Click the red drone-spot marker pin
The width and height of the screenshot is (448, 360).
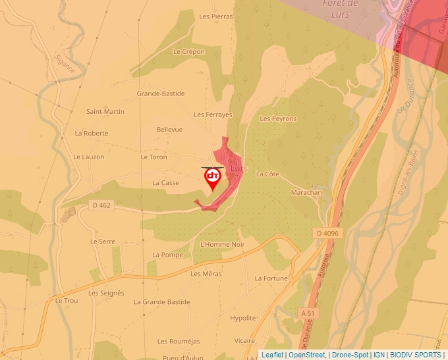click(x=212, y=178)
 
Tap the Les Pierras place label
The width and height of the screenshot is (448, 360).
click(x=215, y=16)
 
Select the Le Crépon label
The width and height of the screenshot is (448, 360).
click(x=189, y=51)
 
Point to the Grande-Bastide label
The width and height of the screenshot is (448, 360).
click(x=160, y=93)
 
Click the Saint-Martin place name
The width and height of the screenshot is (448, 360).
click(x=105, y=111)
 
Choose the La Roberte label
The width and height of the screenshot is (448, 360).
click(x=92, y=133)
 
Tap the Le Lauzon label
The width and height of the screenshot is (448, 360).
click(x=89, y=157)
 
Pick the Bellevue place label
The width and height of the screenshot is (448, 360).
click(x=169, y=130)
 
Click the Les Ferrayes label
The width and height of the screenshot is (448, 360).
click(x=213, y=115)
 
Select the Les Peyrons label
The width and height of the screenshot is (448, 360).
click(x=279, y=119)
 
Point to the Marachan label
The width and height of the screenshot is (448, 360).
click(x=306, y=192)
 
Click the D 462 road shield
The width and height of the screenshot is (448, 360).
click(x=101, y=205)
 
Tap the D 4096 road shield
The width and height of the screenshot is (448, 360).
click(x=327, y=233)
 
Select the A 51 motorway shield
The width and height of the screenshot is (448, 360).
click(x=308, y=313)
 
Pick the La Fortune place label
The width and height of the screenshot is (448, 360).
click(x=271, y=278)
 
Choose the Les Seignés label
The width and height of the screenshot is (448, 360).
click(x=106, y=293)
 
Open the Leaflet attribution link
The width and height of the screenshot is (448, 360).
click(x=273, y=355)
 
